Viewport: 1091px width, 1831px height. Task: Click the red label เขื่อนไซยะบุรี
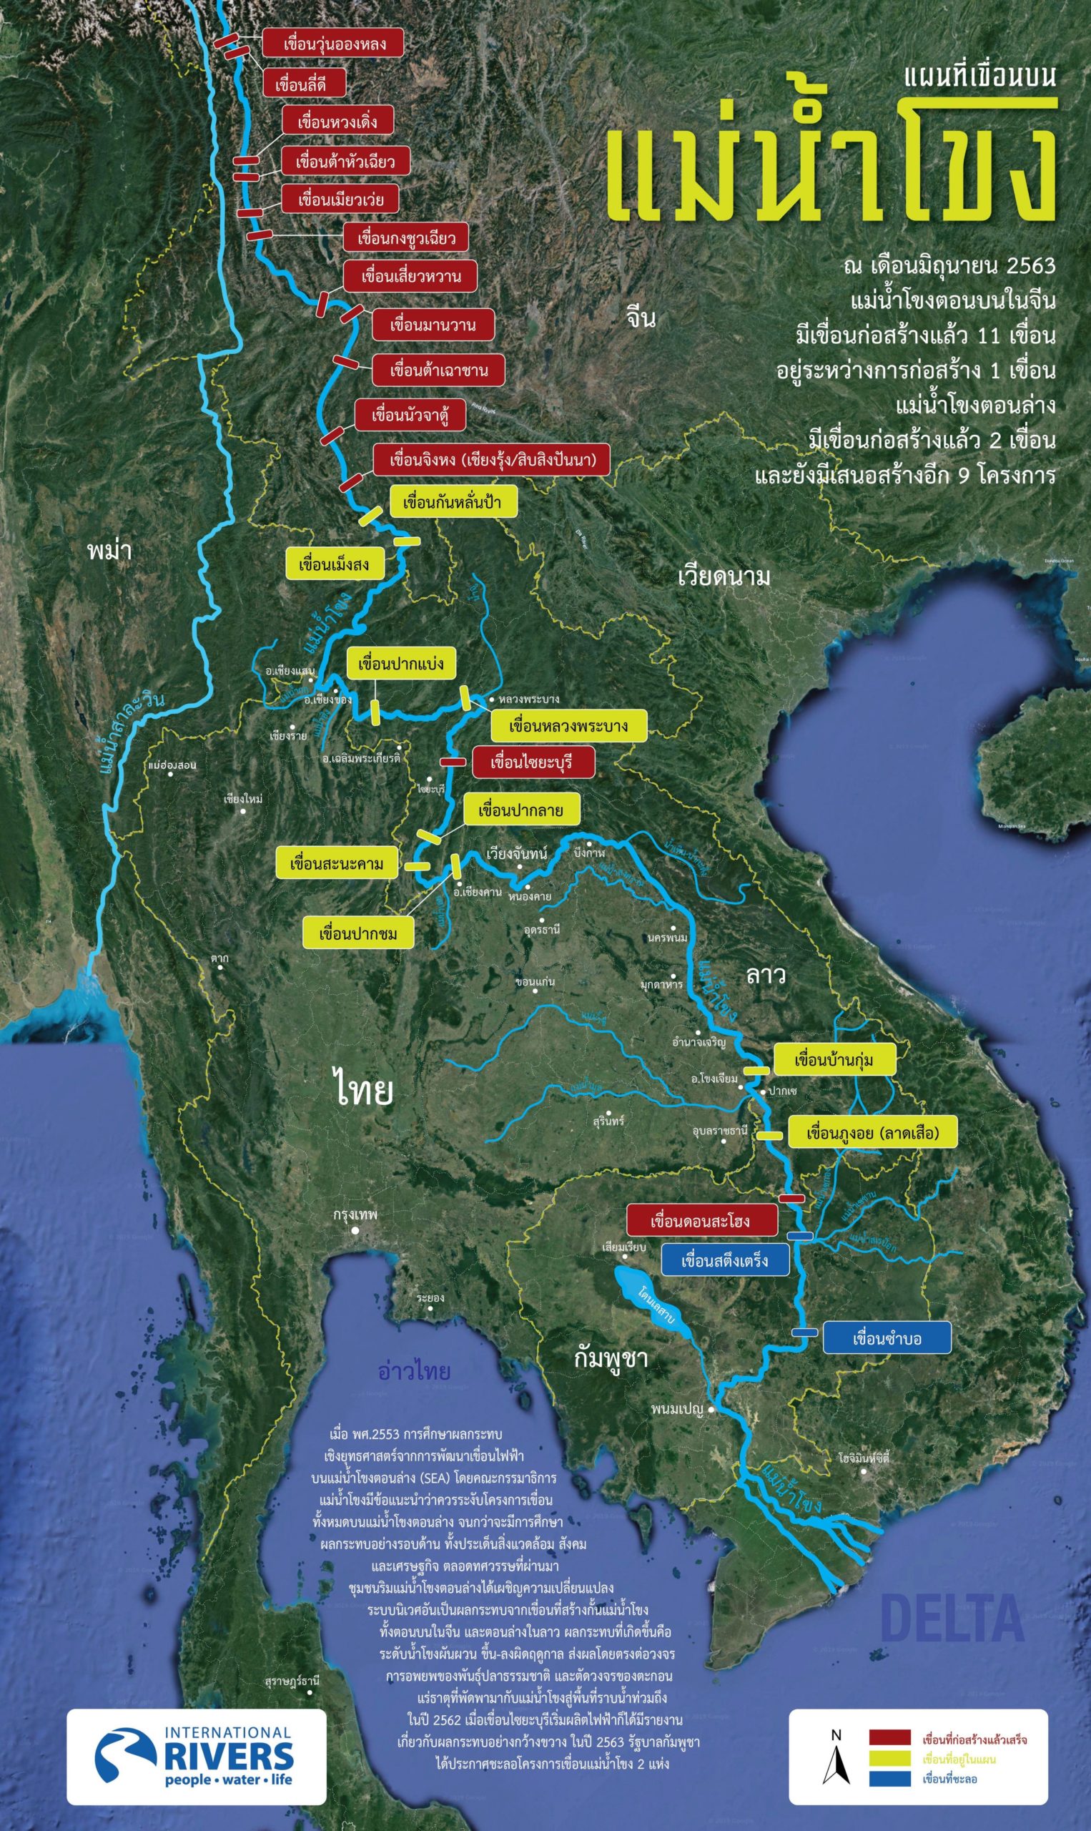tap(532, 762)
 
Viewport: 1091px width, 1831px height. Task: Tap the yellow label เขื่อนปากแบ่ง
tap(400, 664)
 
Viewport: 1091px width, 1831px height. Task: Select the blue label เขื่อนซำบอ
tap(886, 1338)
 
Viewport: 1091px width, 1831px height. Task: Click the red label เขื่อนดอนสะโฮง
tap(701, 1222)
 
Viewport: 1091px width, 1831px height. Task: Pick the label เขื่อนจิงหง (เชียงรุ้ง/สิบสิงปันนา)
tap(491, 461)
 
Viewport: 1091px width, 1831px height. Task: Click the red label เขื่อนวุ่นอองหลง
tap(333, 44)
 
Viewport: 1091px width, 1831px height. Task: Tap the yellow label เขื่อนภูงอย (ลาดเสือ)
tap(872, 1132)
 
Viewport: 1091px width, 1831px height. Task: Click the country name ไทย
tap(363, 1090)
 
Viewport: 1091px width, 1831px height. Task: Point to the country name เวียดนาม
tap(724, 576)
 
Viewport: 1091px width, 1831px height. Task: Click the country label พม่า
tap(109, 550)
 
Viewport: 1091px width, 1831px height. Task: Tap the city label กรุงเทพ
tap(355, 1214)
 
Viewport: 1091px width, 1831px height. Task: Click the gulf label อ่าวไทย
tap(414, 1371)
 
